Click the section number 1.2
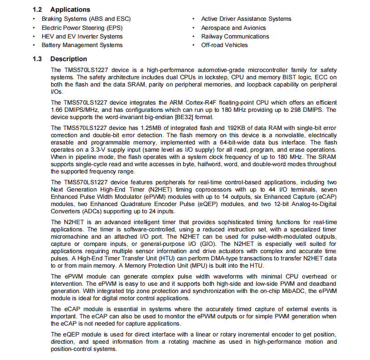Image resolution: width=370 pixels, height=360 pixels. click(x=38, y=10)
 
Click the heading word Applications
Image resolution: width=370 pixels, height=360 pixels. click(x=70, y=10)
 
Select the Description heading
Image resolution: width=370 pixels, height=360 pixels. click(x=68, y=59)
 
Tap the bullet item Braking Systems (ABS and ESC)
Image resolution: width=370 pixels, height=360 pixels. click(x=86, y=19)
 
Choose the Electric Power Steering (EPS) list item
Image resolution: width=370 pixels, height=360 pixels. click(x=82, y=28)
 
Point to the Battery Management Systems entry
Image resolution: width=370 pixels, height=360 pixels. click(x=82, y=45)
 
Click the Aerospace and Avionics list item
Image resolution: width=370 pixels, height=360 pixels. click(x=233, y=28)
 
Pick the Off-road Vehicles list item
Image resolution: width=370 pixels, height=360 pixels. click(x=224, y=45)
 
